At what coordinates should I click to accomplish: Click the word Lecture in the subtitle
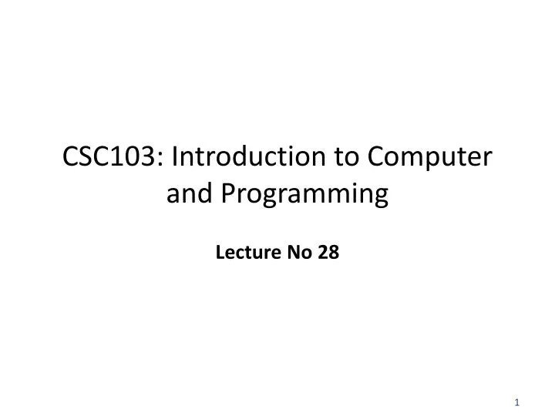pyautogui.click(x=241, y=252)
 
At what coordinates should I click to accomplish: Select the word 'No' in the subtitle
pyautogui.click(x=298, y=252)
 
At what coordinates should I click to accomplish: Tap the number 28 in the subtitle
pyautogui.click(x=328, y=252)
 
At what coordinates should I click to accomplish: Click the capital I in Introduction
pyautogui.click(x=176, y=159)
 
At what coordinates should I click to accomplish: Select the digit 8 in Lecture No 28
pyautogui.click(x=334, y=252)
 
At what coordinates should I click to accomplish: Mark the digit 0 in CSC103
pyautogui.click(x=136, y=159)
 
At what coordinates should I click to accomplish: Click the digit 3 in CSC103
pyautogui.click(x=151, y=159)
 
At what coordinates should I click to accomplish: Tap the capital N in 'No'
pyautogui.click(x=293, y=252)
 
